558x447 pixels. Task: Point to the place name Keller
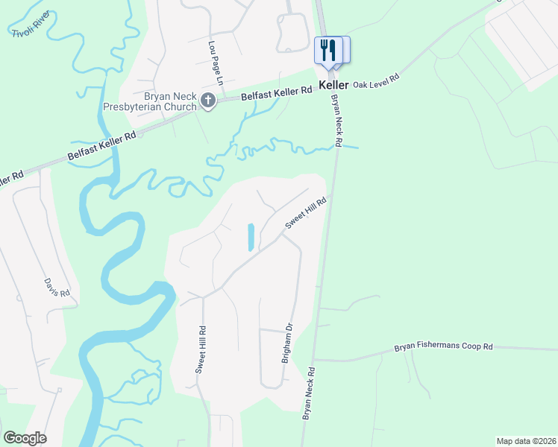[333, 86]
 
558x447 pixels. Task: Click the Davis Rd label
[57, 288]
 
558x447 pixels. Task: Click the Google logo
[25, 437]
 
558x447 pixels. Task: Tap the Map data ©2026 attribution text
[527, 441]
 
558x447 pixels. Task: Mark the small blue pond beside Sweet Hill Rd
[251, 237]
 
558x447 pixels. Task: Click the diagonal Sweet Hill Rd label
[306, 214]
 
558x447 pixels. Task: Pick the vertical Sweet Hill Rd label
[201, 349]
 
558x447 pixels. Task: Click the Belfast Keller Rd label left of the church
[101, 145]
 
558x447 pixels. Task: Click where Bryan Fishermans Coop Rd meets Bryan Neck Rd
[315, 359]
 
